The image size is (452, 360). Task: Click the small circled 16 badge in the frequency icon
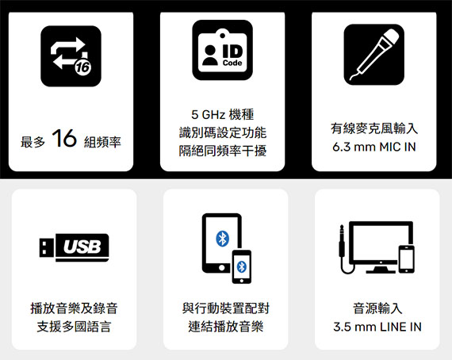82,67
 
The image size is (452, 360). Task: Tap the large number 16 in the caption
64,138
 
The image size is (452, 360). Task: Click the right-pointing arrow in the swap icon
68,45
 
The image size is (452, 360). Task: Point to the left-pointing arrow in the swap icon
64,62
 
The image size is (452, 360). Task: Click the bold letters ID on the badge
232,52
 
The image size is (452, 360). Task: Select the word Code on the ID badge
232,63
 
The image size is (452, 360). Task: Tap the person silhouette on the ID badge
210,55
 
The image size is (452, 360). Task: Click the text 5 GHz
208,115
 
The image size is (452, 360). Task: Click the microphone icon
374,55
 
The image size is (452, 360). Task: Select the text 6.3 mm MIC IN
373,147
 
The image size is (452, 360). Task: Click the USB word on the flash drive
82,247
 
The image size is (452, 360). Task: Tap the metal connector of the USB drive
47,247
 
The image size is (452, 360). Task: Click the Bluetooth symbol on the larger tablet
222,239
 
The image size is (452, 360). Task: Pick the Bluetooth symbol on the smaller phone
242,266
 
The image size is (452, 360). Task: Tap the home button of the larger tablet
222,267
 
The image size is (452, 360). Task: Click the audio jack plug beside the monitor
342,241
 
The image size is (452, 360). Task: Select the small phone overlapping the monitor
407,259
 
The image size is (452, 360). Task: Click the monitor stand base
381,270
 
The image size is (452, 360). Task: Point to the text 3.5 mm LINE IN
377,327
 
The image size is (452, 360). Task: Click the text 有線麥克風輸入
374,128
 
